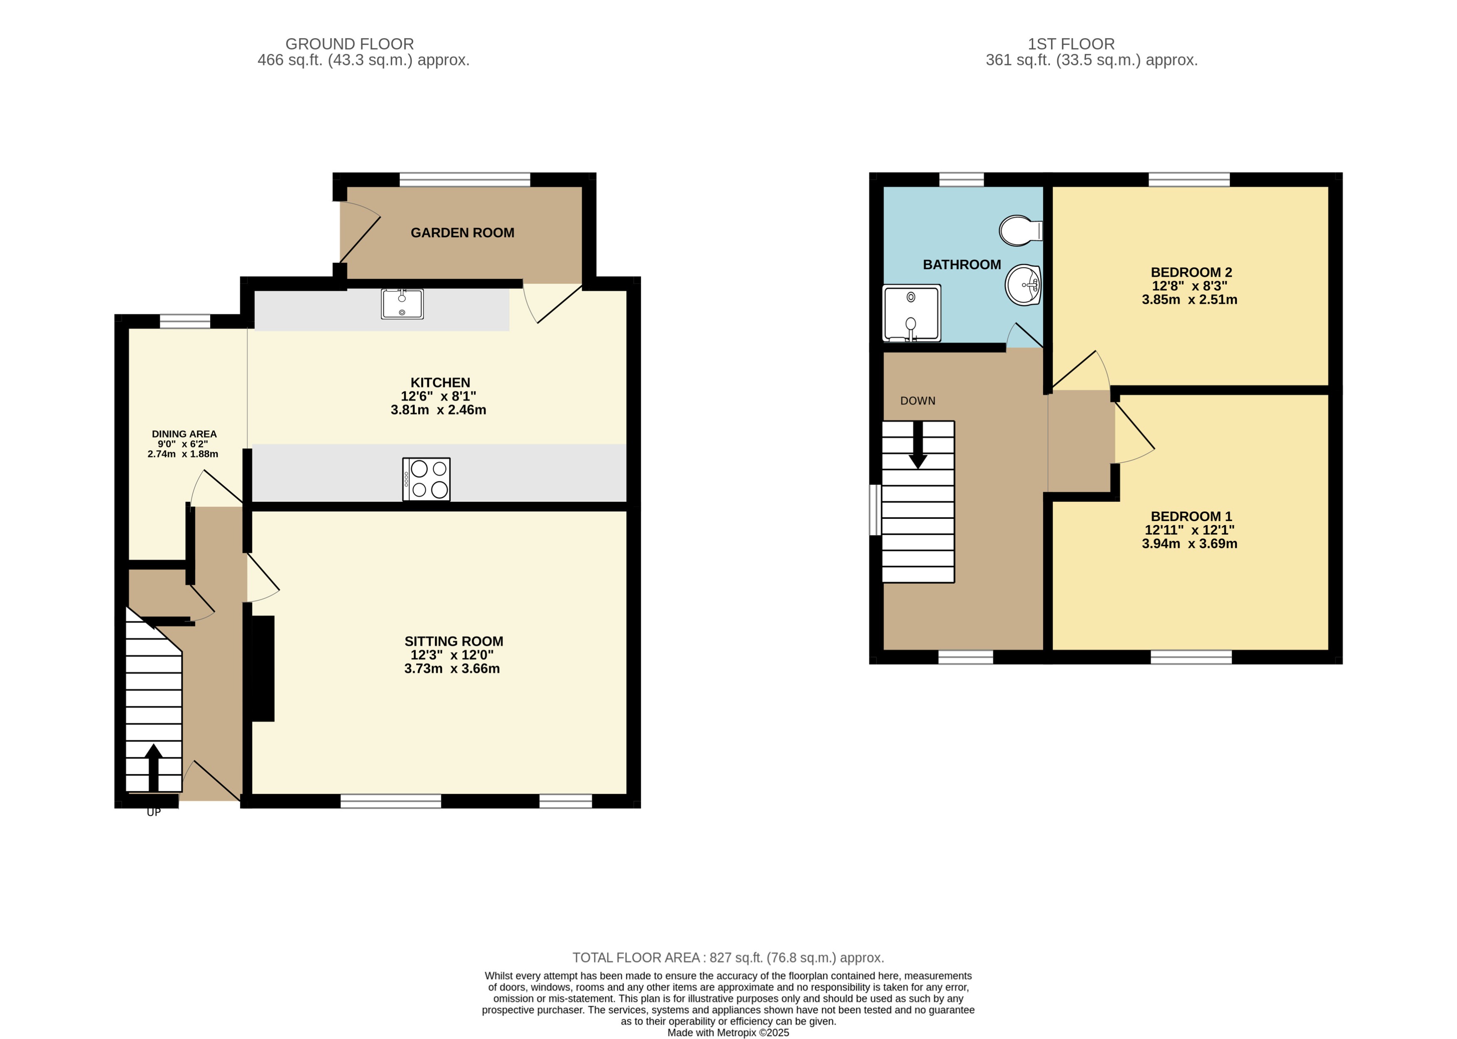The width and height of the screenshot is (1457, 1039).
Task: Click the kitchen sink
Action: click(x=402, y=304)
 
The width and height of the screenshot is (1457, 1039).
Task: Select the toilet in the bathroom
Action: click(x=1021, y=231)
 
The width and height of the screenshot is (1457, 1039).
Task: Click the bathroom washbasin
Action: click(x=1022, y=285)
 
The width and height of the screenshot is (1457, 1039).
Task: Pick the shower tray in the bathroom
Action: click(x=911, y=313)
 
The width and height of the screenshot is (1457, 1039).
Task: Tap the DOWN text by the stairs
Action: click(x=917, y=401)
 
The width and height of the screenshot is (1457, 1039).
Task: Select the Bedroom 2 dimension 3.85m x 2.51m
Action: click(x=1189, y=300)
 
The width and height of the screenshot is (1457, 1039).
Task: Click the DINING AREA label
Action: click(x=184, y=434)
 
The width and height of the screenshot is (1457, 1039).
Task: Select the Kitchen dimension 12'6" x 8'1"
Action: click(x=438, y=396)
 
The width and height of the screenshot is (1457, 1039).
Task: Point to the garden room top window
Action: click(x=465, y=179)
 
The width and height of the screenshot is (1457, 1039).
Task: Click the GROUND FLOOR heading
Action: click(x=349, y=44)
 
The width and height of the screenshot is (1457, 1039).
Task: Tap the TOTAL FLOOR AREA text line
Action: click(x=728, y=958)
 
